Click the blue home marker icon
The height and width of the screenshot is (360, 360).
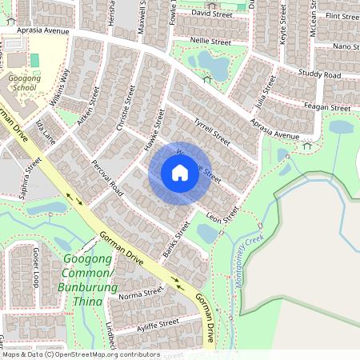[179, 173]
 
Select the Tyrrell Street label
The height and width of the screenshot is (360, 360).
[212, 131]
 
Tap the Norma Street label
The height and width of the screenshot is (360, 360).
[140, 295]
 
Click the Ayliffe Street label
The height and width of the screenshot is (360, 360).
[158, 324]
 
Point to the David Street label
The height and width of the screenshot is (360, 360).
[211, 14]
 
